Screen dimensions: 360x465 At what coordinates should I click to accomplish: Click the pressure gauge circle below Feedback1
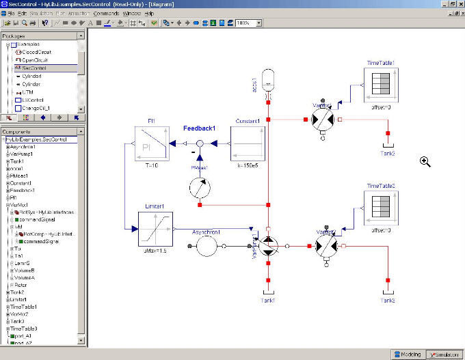[199, 186]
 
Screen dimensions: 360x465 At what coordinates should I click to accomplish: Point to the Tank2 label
[388, 153]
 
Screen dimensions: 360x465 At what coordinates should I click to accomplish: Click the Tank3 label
[388, 301]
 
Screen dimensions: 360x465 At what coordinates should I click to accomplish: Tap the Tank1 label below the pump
[267, 301]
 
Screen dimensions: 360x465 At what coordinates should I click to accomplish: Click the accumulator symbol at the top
[268, 75]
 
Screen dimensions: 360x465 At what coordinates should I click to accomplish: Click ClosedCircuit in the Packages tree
[36, 52]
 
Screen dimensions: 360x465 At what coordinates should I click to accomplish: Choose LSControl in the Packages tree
[33, 100]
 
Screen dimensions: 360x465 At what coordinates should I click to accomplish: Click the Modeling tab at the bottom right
[407, 354]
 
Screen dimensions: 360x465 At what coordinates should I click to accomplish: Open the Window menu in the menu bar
[131, 13]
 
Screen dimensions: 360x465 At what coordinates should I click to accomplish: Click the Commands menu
[106, 13]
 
